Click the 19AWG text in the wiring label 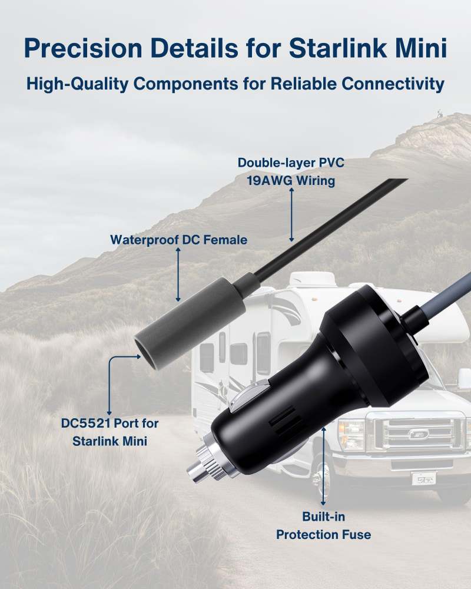pos(269,181)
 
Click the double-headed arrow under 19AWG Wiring pos(291,214)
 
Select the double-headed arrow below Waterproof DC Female pos(178,274)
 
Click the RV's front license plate pos(424,479)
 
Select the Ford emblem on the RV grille pos(418,434)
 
